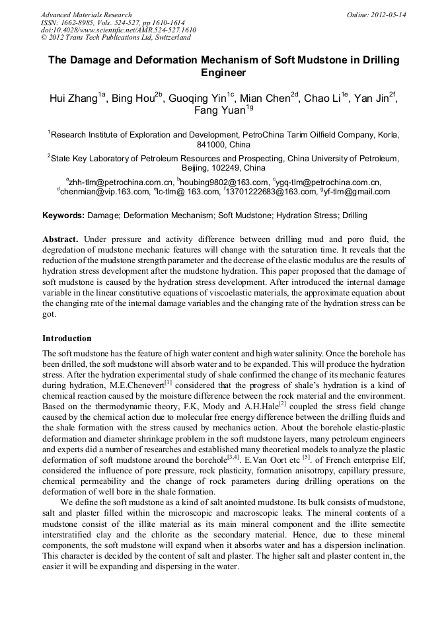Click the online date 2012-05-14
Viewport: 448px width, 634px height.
coord(389,15)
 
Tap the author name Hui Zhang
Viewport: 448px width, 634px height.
coord(73,99)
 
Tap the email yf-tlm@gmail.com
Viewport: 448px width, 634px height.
coord(357,192)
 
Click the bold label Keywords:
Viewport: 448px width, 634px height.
coord(63,216)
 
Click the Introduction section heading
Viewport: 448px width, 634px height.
coord(67,338)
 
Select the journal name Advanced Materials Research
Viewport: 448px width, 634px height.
coord(86,15)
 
